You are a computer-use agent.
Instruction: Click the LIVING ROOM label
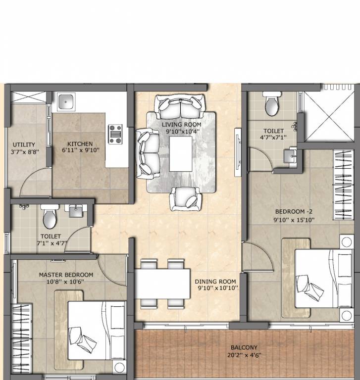pos(181,124)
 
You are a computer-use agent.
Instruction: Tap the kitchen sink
pos(66,102)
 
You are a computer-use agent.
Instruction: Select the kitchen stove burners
pos(115,134)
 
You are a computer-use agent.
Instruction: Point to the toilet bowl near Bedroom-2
pos(271,104)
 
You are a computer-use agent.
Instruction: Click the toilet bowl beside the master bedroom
pos(50,217)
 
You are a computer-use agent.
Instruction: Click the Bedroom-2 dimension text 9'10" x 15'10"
pos(294,220)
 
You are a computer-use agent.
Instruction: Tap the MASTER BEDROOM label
pos(66,275)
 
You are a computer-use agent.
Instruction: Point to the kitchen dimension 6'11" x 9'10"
pos(81,150)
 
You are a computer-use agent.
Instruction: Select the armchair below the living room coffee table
pos(186,198)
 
